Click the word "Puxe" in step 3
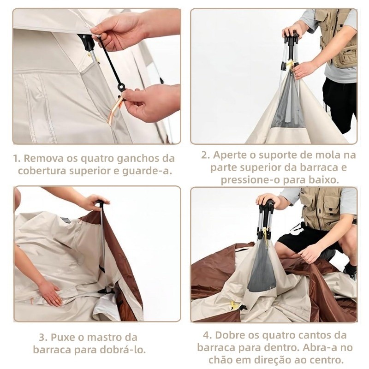(x=63, y=338)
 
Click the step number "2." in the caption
(x=206, y=155)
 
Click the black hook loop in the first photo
(x=122, y=88)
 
